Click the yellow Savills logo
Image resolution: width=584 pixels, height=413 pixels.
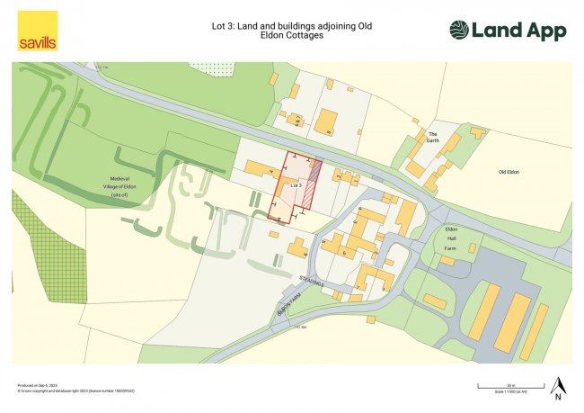click(x=37, y=31)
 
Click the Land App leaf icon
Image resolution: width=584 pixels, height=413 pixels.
click(x=459, y=31)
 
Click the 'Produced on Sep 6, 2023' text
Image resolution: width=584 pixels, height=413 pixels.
click(x=36, y=385)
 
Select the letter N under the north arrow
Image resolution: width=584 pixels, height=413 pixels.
click(x=558, y=397)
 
